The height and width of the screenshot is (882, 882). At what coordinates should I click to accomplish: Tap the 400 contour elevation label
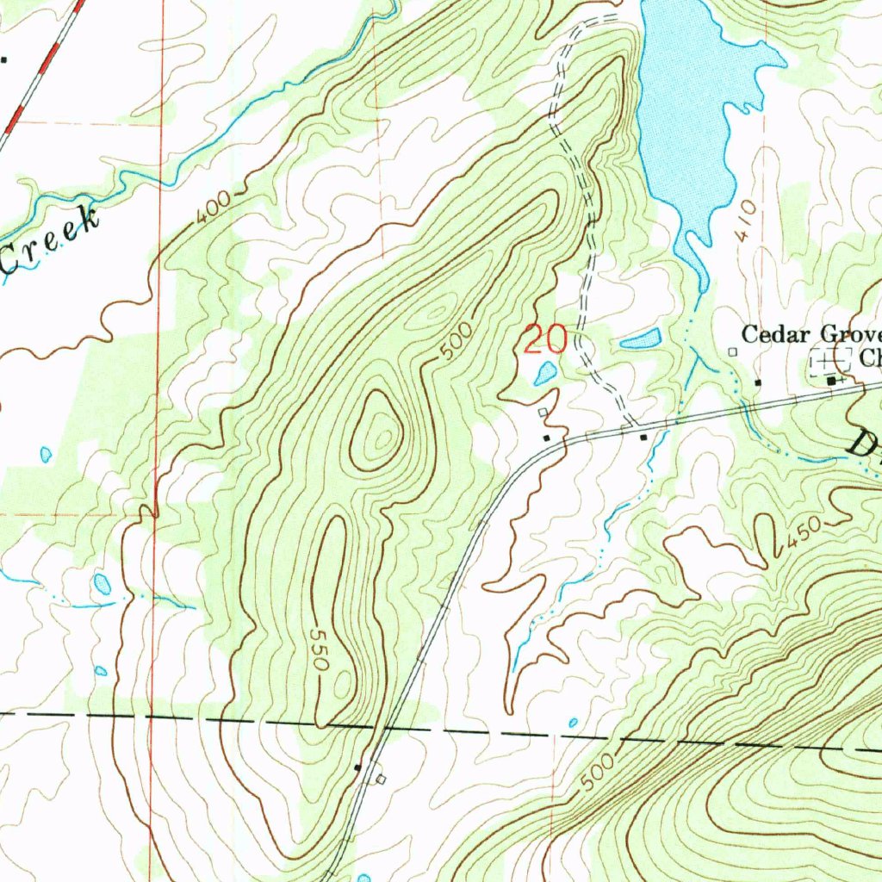(212, 208)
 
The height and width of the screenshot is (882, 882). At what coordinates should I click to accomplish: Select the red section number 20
(545, 339)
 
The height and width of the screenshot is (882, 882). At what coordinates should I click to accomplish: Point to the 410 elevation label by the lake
(746, 219)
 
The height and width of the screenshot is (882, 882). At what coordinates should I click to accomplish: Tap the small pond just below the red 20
(545, 373)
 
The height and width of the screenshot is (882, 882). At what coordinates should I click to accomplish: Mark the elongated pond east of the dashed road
(640, 339)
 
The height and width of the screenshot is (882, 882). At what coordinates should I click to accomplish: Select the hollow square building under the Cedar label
(733, 351)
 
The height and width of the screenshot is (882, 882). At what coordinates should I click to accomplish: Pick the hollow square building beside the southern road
(382, 780)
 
